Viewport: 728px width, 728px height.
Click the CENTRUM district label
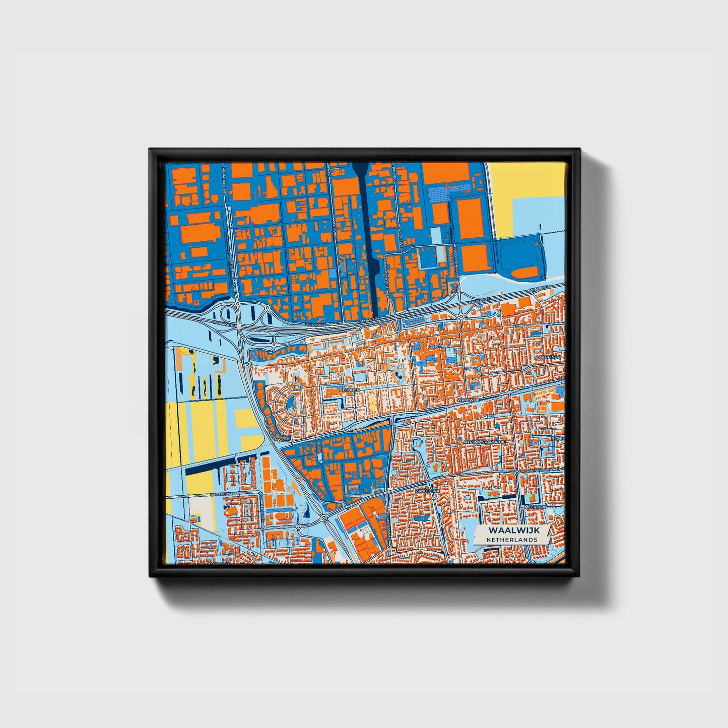438,347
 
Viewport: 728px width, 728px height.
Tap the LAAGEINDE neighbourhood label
548,356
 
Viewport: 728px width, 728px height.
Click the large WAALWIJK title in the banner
511,531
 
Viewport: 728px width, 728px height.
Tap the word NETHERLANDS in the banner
511,540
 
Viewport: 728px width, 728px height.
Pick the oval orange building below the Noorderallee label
230,511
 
